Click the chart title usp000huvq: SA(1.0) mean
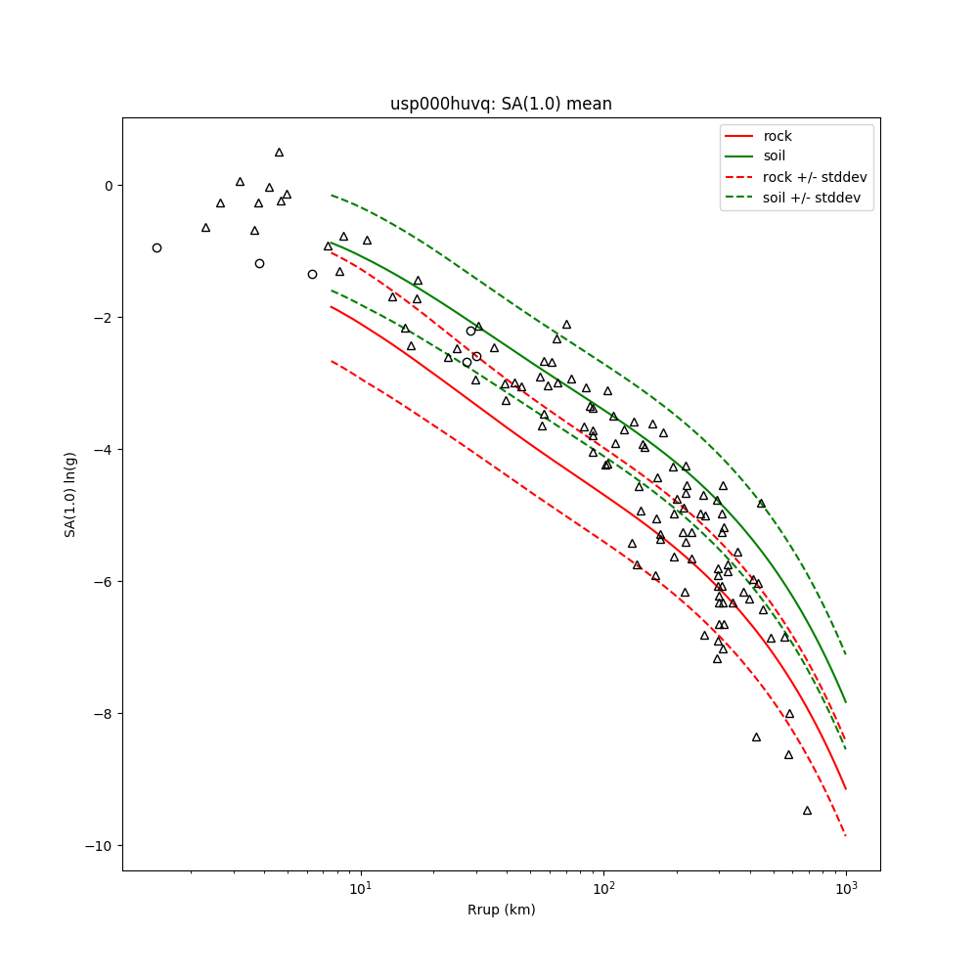[x=501, y=104]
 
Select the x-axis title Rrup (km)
[x=501, y=910]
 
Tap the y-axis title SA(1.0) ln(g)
[x=70, y=494]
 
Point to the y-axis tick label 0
[x=109, y=186]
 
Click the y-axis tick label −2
[x=105, y=318]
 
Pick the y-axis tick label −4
[x=105, y=450]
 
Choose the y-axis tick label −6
[x=105, y=582]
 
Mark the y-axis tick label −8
[x=105, y=714]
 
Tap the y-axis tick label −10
[x=101, y=846]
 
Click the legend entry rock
[x=778, y=136]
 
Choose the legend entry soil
[x=775, y=156]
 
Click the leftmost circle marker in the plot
[x=156, y=247]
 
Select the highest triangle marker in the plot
[x=279, y=153]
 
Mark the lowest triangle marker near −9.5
[x=807, y=810]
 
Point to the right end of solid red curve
[x=846, y=788]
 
